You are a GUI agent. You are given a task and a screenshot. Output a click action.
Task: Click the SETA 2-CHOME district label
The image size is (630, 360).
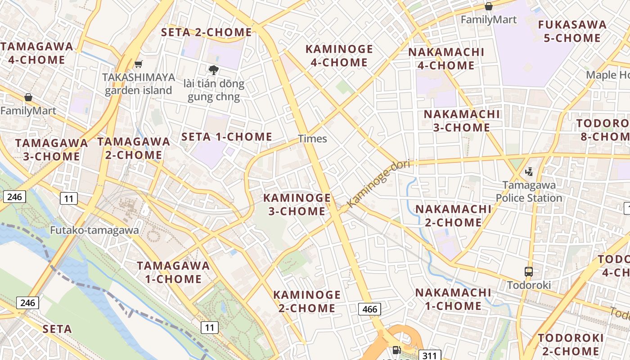[x=207, y=32]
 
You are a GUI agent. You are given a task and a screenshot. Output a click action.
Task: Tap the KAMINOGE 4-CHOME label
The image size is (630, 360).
[x=339, y=56]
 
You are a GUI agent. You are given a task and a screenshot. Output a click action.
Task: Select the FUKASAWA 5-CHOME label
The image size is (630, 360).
[x=572, y=31]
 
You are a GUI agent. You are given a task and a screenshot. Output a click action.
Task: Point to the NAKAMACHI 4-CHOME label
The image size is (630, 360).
[x=446, y=59]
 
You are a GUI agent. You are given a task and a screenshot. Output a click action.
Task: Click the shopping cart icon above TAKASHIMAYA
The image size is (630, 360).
[x=138, y=65]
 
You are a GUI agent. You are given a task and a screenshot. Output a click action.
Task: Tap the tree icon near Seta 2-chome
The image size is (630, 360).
[x=213, y=70]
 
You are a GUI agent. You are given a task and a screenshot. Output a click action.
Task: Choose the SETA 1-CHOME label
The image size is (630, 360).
[x=227, y=137]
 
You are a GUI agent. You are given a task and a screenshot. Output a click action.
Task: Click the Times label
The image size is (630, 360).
[x=312, y=139]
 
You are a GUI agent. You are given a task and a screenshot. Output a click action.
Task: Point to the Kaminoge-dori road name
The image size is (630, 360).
[x=379, y=184]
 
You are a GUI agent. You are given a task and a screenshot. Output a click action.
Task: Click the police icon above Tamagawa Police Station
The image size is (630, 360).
[x=529, y=171]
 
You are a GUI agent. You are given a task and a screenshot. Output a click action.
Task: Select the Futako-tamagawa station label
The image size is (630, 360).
[x=94, y=230]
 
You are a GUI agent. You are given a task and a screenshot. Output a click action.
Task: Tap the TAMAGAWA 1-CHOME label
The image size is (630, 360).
[x=173, y=272]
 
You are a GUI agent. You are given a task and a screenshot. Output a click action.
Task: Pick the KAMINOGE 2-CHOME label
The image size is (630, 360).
[x=307, y=301]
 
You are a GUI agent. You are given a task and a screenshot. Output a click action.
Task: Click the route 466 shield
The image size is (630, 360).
[x=369, y=309]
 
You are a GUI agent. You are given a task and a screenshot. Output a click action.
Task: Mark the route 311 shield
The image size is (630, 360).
[x=430, y=355]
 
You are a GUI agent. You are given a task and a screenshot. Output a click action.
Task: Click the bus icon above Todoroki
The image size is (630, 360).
[x=529, y=272]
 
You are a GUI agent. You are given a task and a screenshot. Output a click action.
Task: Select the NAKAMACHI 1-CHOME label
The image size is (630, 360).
[x=453, y=299]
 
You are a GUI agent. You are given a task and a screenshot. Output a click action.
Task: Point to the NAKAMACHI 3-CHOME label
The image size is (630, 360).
[x=461, y=121]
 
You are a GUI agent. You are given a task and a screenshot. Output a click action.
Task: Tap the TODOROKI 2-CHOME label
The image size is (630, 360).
[x=571, y=345]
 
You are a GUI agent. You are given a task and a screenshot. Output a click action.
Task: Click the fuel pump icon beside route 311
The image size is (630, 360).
[x=396, y=350]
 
